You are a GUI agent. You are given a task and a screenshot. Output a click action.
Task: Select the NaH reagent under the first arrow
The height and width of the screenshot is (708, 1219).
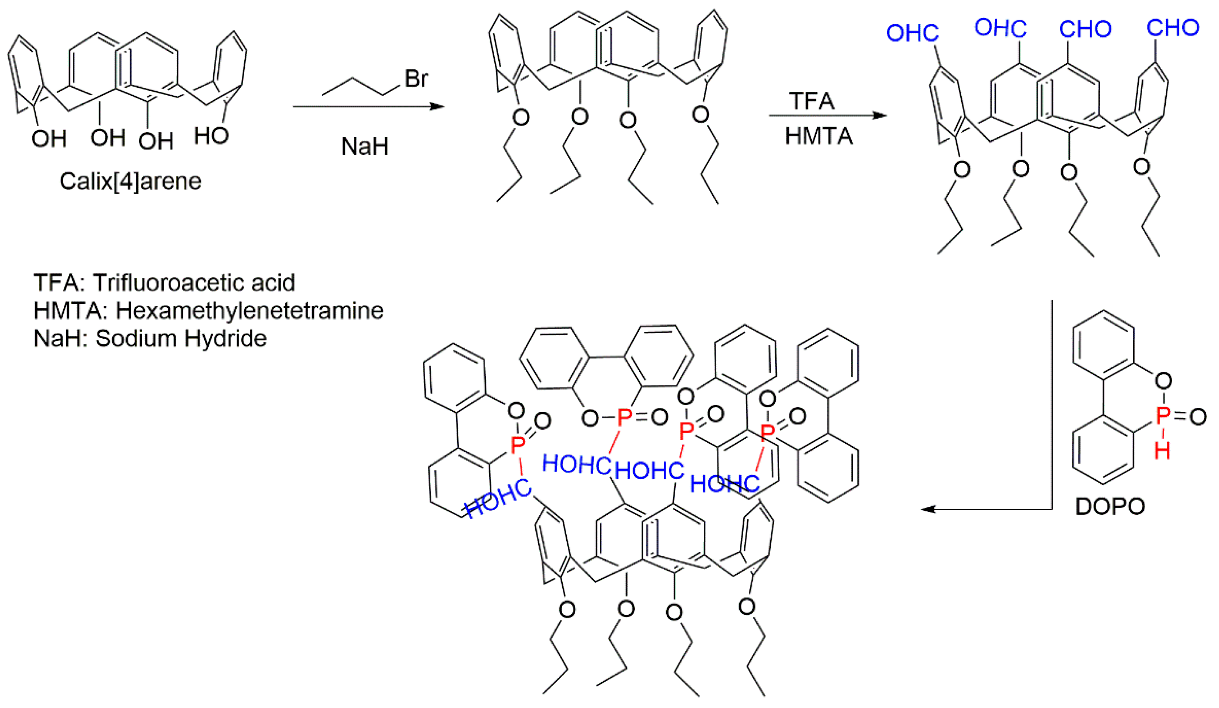pos(364,146)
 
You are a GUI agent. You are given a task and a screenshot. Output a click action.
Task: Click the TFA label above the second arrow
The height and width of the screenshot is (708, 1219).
pos(811,101)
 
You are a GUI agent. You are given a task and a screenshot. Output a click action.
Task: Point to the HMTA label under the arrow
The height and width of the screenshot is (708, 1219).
pos(818,136)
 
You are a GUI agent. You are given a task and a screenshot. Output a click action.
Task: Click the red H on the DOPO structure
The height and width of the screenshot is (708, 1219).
pos(1162,451)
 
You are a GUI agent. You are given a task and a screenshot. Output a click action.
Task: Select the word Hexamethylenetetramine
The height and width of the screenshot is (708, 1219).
pos(249,311)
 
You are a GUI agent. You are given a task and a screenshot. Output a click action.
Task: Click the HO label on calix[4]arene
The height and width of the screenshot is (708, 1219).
pos(211,137)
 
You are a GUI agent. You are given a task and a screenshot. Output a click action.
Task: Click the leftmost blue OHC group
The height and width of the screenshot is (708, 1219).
pos(912,33)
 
